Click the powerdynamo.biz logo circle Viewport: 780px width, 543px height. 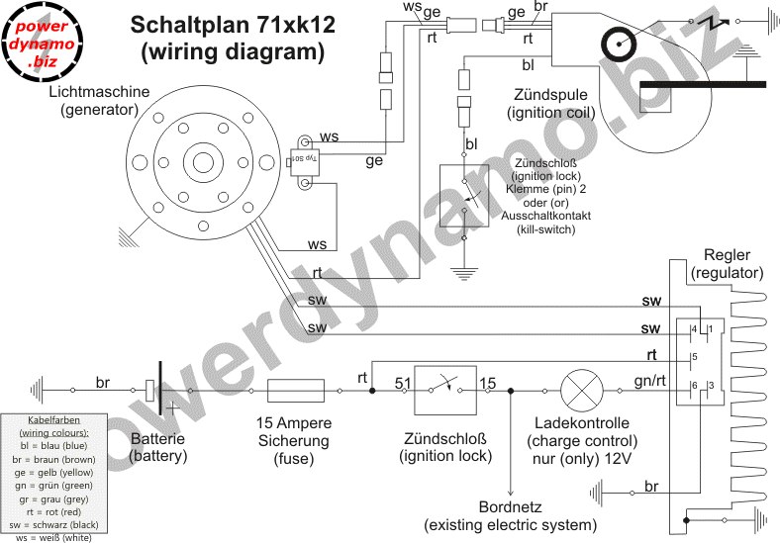41,41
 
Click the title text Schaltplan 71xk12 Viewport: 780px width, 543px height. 233,26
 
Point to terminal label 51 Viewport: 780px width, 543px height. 403,383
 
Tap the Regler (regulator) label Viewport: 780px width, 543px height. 728,262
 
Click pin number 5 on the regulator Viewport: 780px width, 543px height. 695,357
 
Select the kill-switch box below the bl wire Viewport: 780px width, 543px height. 465,195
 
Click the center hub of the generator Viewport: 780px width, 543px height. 204,162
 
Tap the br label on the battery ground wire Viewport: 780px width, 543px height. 103,382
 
